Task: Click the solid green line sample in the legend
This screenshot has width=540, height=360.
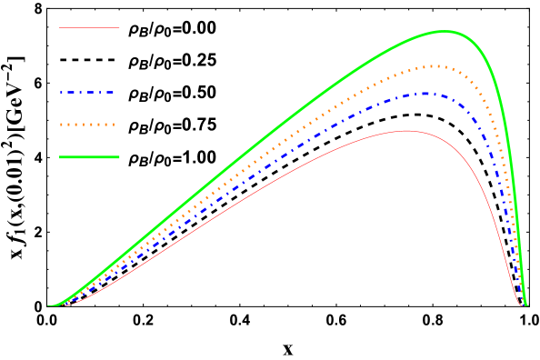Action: point(89,157)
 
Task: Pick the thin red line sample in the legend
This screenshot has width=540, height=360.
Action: point(89,28)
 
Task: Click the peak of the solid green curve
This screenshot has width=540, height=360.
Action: point(445,31)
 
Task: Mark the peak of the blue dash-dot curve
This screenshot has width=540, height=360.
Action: point(425,94)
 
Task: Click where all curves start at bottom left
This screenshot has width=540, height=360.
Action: point(51,305)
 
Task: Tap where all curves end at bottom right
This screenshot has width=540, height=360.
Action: point(524,305)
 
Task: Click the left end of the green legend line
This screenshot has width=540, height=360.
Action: point(61,157)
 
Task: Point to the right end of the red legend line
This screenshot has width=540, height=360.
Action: point(118,28)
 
